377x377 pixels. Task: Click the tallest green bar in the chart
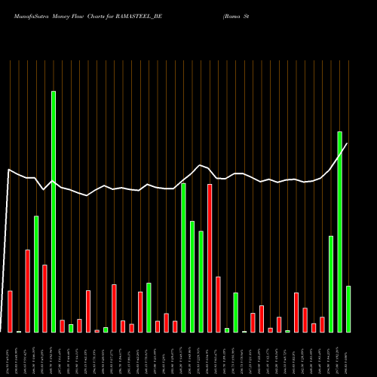tap(54, 211)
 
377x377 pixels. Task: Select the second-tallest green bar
tap(339, 231)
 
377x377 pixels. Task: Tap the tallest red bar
tap(210, 258)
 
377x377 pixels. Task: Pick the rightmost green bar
tap(348, 308)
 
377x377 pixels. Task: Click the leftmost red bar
tap(10, 311)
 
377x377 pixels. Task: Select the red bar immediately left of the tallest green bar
tap(44, 298)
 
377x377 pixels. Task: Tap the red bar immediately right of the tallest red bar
tap(218, 304)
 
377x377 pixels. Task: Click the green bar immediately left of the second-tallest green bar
tap(331, 284)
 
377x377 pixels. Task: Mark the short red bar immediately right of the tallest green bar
tap(62, 326)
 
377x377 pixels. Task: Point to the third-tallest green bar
tap(183, 257)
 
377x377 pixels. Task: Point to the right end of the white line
tap(347, 143)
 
